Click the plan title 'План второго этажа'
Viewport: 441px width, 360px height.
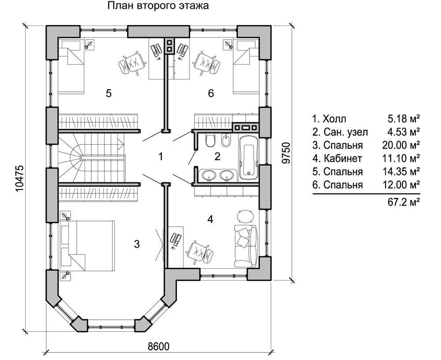tap(158, 7)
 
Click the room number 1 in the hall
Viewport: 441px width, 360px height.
tap(161, 156)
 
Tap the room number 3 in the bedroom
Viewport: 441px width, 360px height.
tap(137, 244)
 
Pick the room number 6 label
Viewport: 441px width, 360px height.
tap(211, 93)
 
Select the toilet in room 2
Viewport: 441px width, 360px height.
tap(210, 141)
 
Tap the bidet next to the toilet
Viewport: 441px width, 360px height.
tap(226, 141)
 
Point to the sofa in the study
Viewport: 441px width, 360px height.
tap(245, 244)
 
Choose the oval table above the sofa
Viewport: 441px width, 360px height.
tap(245, 216)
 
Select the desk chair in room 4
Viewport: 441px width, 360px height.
tap(200, 252)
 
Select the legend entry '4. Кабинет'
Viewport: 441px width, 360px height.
tap(337, 158)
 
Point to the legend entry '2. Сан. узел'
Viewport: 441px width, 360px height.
tap(340, 131)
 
